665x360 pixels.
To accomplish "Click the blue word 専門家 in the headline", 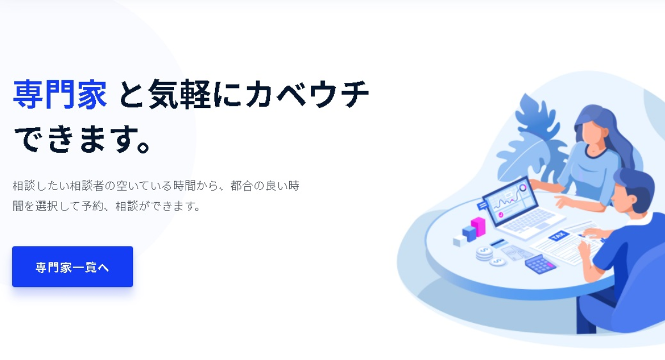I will point(59,95).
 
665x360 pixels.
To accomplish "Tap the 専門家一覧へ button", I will point(73,267).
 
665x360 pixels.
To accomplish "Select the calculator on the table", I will point(540,264).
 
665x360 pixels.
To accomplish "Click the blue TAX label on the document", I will point(558,236).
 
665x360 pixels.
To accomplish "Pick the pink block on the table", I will point(478,225).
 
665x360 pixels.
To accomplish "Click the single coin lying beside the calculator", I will point(498,261).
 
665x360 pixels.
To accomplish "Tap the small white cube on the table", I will point(457,241).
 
